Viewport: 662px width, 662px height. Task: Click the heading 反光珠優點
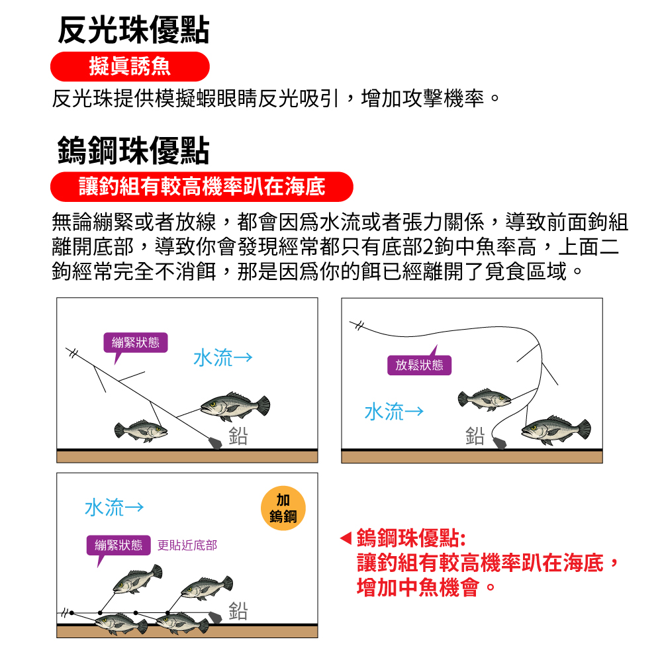(134, 30)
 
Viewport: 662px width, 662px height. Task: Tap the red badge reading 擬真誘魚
(130, 67)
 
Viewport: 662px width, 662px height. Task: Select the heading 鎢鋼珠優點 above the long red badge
(134, 150)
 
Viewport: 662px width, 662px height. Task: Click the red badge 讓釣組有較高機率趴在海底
(202, 187)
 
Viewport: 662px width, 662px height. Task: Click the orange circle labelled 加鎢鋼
(283, 508)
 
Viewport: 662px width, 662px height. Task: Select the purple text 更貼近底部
(187, 545)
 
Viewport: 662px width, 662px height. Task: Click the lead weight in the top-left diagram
(215, 443)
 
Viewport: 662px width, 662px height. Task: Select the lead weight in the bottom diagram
(215, 617)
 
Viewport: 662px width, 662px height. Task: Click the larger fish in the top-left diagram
(235, 406)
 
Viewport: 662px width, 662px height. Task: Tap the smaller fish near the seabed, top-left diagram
(141, 431)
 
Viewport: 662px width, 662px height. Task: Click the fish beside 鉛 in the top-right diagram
(556, 430)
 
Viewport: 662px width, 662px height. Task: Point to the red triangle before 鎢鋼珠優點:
(346, 538)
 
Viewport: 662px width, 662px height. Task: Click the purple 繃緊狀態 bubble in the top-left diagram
(136, 342)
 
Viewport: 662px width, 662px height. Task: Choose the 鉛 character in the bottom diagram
(238, 610)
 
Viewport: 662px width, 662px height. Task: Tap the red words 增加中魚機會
(418, 587)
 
